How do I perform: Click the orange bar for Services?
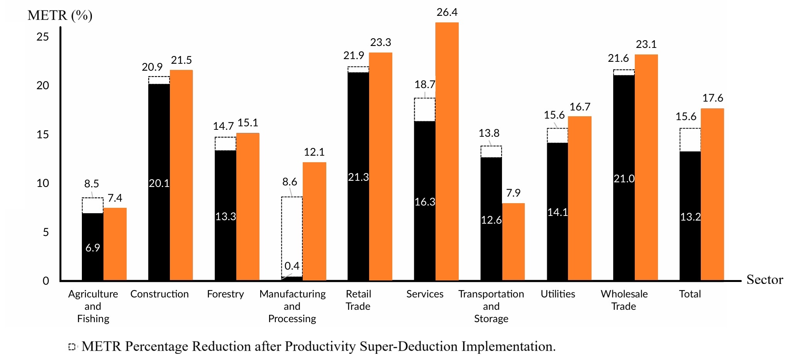pos(447,151)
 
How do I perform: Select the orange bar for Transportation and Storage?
pos(513,241)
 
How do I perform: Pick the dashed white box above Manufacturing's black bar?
pos(292,232)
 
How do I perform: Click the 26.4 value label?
pos(447,12)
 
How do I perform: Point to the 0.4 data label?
pos(292,266)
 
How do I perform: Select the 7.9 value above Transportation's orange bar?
pos(513,193)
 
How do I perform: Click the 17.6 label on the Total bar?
pos(712,98)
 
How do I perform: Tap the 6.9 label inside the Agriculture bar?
pos(93,248)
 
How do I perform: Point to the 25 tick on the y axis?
pos(43,37)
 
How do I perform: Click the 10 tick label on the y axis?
pos(43,183)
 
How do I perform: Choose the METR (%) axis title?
pos(60,15)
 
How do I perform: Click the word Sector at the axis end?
pos(765,279)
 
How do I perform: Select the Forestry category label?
pos(225,294)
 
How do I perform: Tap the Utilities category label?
pos(558,294)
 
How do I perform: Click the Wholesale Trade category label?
pos(624,300)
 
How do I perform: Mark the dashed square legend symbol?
pos(72,346)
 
